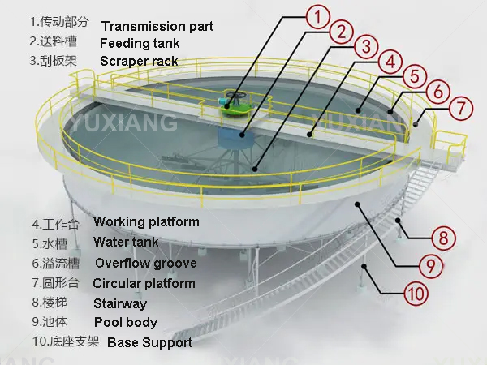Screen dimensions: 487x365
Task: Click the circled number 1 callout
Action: pyautogui.click(x=317, y=17)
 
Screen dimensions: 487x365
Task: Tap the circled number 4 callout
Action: pyautogui.click(x=390, y=62)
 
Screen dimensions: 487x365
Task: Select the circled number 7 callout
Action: pyautogui.click(x=461, y=108)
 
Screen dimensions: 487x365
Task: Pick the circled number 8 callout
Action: pyautogui.click(x=443, y=238)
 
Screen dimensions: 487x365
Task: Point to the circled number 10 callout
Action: pyautogui.click(x=416, y=293)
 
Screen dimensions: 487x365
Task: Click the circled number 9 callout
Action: pyautogui.click(x=431, y=266)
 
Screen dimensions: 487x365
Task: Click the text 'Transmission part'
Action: pyautogui.click(x=157, y=26)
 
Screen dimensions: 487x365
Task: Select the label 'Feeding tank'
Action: pyautogui.click(x=140, y=43)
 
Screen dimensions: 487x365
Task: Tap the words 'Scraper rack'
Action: pyautogui.click(x=139, y=61)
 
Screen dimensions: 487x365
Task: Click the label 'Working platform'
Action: pyautogui.click(x=146, y=222)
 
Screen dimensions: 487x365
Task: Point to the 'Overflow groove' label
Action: pyautogui.click(x=145, y=264)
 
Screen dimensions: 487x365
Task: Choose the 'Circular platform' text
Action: pyautogui.click(x=144, y=283)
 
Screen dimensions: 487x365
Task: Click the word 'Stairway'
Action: pyautogui.click(x=120, y=304)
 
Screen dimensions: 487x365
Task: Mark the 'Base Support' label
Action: pyautogui.click(x=149, y=342)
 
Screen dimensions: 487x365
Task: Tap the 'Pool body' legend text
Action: pyautogui.click(x=126, y=323)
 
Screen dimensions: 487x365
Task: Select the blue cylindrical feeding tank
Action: pyautogui.click(x=235, y=137)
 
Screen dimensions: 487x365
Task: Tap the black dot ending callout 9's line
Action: pyautogui.click(x=357, y=204)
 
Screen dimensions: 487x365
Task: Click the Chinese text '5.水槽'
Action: pyautogui.click(x=50, y=243)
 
